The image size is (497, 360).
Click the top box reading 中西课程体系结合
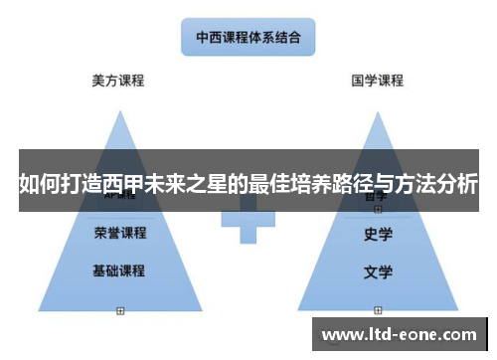tap(248, 40)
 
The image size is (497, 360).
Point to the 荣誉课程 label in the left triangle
tap(119, 234)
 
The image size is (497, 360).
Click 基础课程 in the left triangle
tap(119, 270)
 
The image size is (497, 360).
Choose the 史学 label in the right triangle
tap(379, 236)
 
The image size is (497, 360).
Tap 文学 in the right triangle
tap(379, 270)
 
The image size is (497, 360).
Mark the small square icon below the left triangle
tap(120, 310)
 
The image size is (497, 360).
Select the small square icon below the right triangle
tap(378, 310)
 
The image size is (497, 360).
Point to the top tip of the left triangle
tap(120, 111)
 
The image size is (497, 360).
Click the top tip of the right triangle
tap(379, 111)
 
